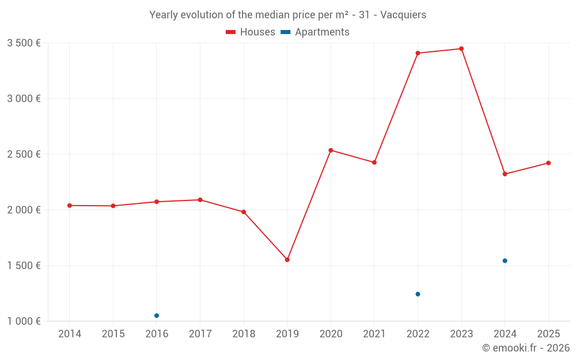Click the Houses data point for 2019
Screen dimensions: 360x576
tap(287, 260)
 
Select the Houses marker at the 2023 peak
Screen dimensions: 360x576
tap(461, 49)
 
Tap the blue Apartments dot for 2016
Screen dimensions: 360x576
tap(157, 316)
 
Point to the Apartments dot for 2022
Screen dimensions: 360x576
tap(418, 294)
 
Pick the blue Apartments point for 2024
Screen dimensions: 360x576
tap(505, 261)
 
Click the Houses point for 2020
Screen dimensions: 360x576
tap(331, 150)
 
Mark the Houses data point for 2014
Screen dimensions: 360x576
tap(70, 206)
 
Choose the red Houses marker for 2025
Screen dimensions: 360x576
tap(548, 163)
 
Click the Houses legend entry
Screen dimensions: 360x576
tap(251, 32)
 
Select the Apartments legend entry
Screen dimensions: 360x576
tap(315, 32)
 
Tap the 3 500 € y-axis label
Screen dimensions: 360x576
tap(24, 43)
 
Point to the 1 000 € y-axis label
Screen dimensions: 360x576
tap(24, 321)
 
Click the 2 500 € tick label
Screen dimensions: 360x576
tap(24, 154)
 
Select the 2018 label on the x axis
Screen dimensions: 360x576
tap(244, 334)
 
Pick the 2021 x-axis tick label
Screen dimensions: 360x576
tap(374, 334)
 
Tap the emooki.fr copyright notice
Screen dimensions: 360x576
tap(525, 348)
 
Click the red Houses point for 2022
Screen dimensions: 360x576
tap(418, 53)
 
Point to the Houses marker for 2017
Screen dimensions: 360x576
tap(200, 200)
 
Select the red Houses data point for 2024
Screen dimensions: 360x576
tap(505, 174)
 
